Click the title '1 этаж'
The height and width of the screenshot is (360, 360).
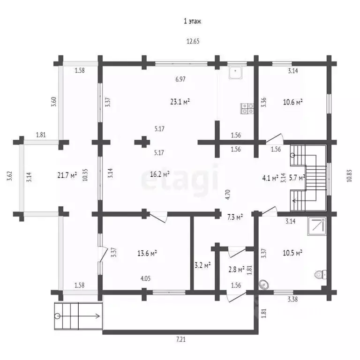pyautogui.click(x=192, y=21)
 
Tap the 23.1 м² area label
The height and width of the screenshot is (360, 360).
pyautogui.click(x=180, y=101)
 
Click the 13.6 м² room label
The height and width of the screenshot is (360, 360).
pyautogui.click(x=147, y=253)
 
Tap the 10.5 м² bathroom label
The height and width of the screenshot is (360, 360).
pyautogui.click(x=293, y=253)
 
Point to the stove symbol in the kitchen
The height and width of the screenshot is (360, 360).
pyautogui.click(x=247, y=109)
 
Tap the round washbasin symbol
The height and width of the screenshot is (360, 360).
pyautogui.click(x=264, y=283)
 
